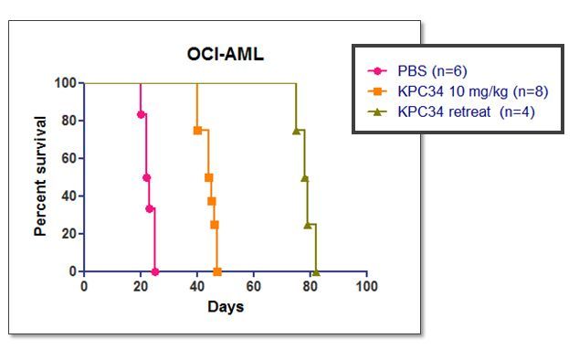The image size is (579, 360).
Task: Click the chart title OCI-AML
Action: (226, 54)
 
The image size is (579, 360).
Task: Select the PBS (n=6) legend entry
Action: (417, 70)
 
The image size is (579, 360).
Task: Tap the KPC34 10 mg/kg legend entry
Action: (458, 91)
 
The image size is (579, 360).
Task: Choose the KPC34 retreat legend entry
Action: (451, 111)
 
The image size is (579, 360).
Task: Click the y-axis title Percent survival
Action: (40, 176)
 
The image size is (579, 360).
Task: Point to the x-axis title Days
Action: (226, 307)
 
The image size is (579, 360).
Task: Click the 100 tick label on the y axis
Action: (66, 83)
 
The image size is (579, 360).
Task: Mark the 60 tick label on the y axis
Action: (69, 158)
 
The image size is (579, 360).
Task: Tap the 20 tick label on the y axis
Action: (69, 234)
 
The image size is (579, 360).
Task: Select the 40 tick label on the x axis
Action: (197, 287)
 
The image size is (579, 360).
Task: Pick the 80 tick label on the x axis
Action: (311, 287)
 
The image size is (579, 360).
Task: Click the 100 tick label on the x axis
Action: (367, 287)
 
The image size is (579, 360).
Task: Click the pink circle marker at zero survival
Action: (155, 272)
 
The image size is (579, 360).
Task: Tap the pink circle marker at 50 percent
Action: (147, 178)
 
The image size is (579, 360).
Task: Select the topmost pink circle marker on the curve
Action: (141, 114)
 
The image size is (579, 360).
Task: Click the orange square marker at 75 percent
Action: (197, 131)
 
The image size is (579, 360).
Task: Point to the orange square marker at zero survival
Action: (217, 272)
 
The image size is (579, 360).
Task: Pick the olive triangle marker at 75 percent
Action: (296, 131)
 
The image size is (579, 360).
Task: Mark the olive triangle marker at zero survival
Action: (316, 272)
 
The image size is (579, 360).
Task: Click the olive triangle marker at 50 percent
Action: (305, 178)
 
